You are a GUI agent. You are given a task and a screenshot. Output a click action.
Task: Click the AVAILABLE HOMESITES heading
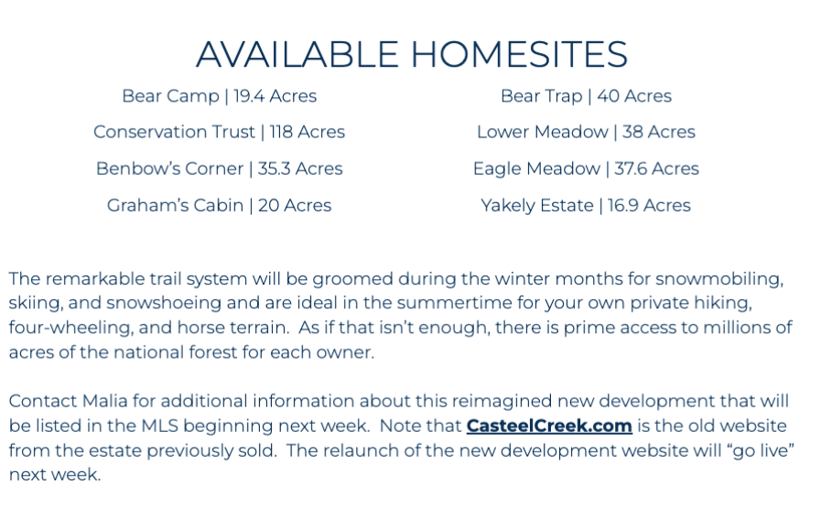tap(412, 54)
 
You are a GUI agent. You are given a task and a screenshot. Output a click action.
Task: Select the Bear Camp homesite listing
tap(220, 96)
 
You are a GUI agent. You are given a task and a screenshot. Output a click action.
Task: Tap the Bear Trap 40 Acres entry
tap(586, 96)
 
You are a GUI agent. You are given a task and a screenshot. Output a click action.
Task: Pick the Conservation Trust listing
tap(220, 132)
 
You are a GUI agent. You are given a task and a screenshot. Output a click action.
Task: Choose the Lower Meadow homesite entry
tap(586, 132)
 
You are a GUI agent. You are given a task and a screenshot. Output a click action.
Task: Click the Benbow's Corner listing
tap(220, 168)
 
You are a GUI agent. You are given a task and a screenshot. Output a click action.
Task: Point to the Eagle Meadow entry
tap(586, 168)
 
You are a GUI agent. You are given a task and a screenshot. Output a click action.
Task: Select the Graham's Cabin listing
tap(220, 205)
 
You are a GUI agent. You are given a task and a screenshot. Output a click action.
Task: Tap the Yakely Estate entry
tap(586, 205)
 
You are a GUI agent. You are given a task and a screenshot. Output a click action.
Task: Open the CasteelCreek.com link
tap(549, 426)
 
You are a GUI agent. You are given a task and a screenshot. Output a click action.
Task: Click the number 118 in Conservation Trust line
tap(281, 132)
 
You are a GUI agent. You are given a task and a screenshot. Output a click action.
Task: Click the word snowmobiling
tap(719, 279)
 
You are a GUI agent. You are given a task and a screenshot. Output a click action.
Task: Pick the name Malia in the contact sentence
tap(104, 401)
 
